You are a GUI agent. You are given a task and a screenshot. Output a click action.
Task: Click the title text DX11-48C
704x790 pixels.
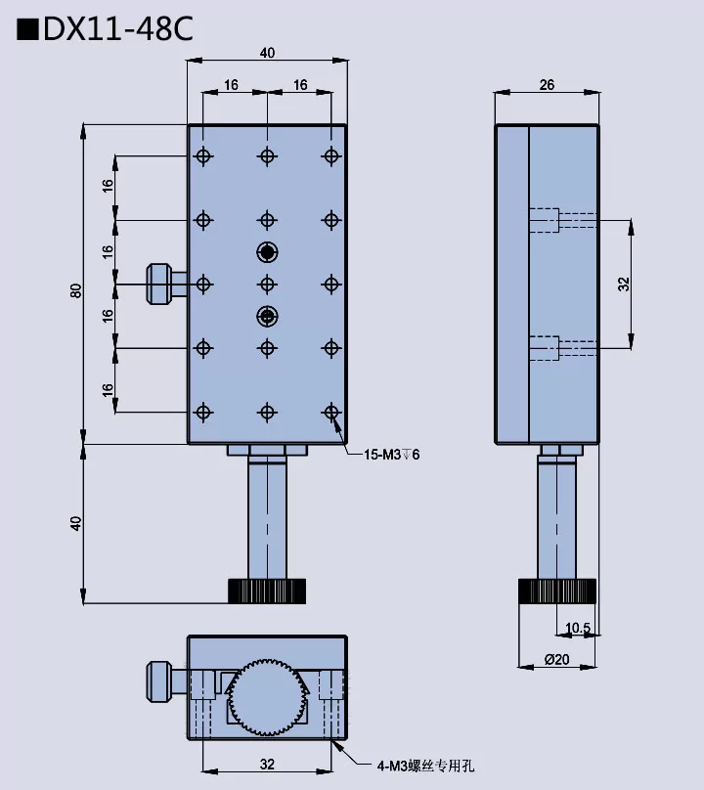click(x=118, y=29)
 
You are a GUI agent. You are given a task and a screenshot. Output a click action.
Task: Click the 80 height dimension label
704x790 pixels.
click(x=75, y=290)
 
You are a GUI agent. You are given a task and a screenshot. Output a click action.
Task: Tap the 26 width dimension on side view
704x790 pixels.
click(x=547, y=85)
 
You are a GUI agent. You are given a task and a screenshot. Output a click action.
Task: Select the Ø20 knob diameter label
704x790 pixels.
click(x=557, y=659)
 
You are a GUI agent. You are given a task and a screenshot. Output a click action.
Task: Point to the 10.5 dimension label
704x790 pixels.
click(x=578, y=628)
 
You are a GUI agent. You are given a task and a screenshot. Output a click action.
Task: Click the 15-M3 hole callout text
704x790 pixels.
click(x=391, y=455)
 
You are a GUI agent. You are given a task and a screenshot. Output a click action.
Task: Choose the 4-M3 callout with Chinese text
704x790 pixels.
click(x=426, y=766)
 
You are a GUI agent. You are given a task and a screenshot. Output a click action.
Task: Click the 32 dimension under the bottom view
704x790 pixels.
click(x=267, y=765)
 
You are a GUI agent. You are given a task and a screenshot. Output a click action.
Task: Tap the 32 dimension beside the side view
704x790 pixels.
click(x=624, y=285)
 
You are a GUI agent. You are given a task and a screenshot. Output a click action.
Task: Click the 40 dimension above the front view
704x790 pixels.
click(x=267, y=53)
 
